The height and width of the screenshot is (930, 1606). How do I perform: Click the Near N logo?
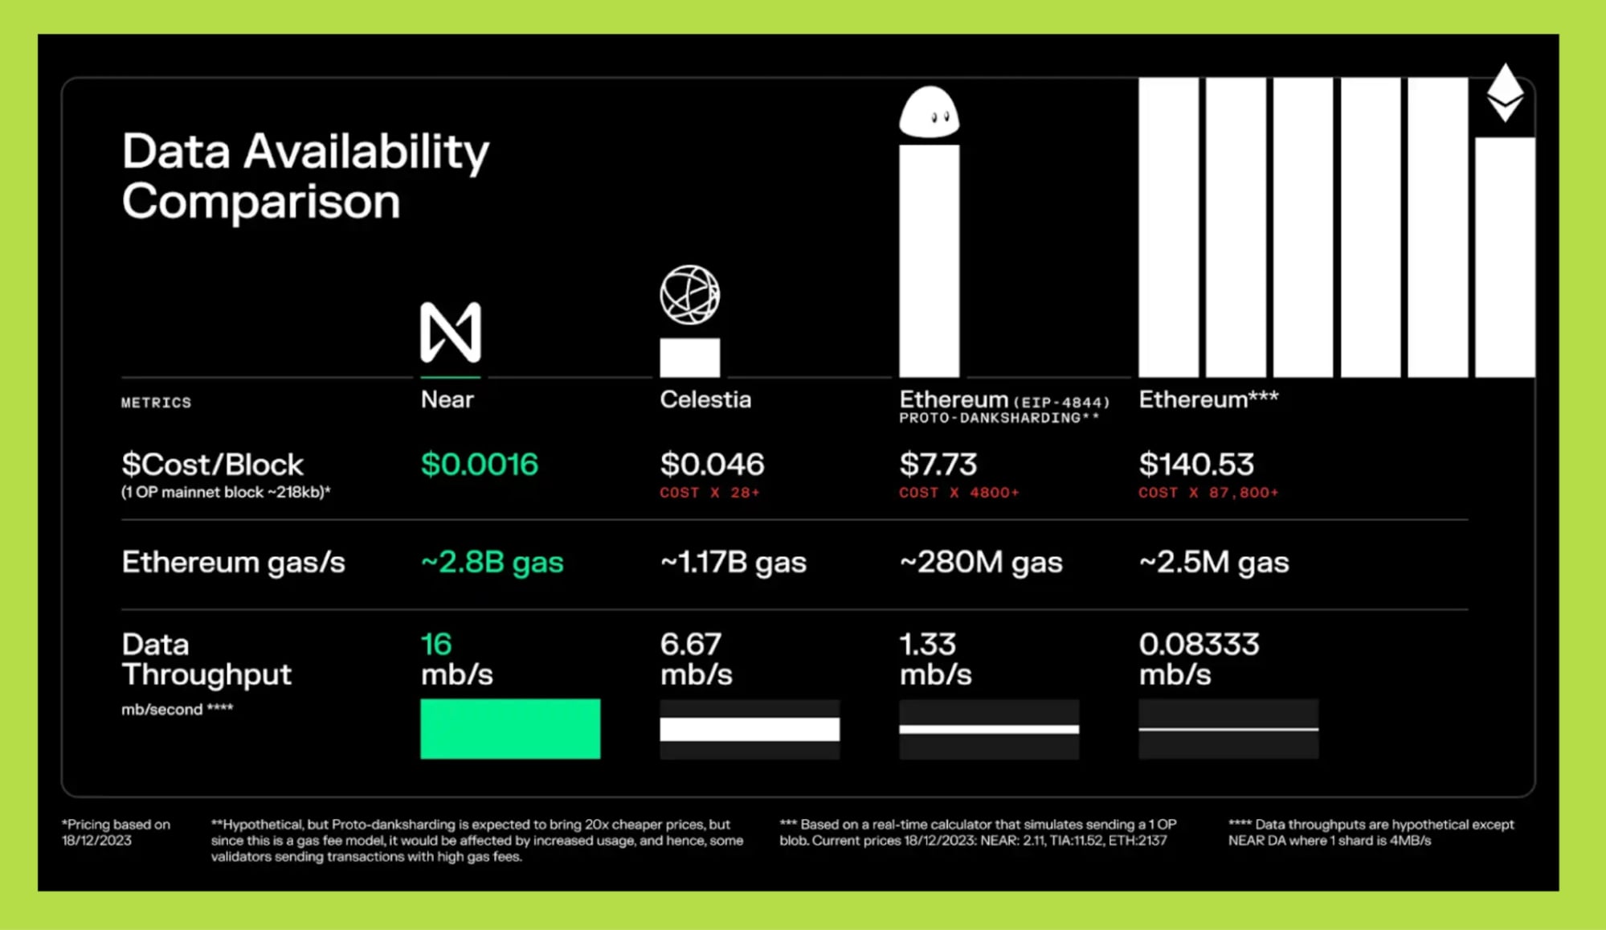pyautogui.click(x=451, y=332)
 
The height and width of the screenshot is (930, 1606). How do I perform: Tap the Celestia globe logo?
pyautogui.click(x=689, y=295)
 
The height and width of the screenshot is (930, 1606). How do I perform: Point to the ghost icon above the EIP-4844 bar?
pyautogui.click(x=929, y=112)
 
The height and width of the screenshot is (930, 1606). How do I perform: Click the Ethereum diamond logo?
pyautogui.click(x=1505, y=92)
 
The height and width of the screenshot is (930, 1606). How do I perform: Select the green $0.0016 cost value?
pyautogui.click(x=479, y=464)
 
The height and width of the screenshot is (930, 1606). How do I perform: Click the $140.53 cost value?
pyautogui.click(x=1196, y=464)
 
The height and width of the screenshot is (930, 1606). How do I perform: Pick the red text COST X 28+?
pyautogui.click(x=709, y=493)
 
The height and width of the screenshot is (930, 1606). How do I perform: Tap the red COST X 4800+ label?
pyautogui.click(x=959, y=493)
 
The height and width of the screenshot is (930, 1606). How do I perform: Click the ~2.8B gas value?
pyautogui.click(x=492, y=562)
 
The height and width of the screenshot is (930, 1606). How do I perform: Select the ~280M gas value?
pyautogui.click(x=981, y=562)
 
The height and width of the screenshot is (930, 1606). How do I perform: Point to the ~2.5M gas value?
pyautogui.click(x=1214, y=562)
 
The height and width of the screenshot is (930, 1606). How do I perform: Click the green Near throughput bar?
pyautogui.click(x=510, y=728)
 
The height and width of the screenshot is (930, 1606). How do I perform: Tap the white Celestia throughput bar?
pyautogui.click(x=750, y=729)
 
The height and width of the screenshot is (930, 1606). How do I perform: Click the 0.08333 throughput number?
pyautogui.click(x=1199, y=644)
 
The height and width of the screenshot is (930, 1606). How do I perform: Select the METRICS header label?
pyautogui.click(x=156, y=403)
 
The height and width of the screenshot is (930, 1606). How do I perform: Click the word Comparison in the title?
pyautogui.click(x=261, y=201)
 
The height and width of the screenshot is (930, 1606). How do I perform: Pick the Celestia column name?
pyautogui.click(x=705, y=399)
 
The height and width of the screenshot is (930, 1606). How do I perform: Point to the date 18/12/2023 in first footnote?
pyautogui.click(x=96, y=840)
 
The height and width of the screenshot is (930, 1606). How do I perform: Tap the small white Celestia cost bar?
pyautogui.click(x=689, y=357)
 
